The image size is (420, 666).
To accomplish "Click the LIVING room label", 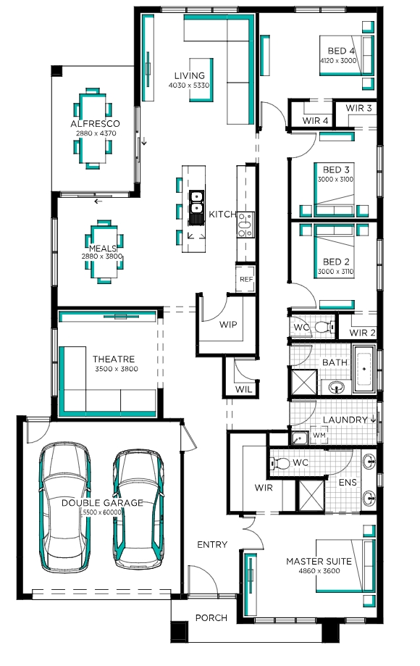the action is (189, 75).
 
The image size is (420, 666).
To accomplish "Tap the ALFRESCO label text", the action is (95, 124).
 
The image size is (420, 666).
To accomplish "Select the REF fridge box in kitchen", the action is (246, 279).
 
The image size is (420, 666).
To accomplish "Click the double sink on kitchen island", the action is (196, 201).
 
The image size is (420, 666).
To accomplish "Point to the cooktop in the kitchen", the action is (245, 225).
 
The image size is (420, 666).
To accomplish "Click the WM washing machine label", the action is (319, 436).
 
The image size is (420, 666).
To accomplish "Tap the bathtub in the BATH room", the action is (364, 369).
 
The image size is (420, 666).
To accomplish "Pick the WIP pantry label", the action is (228, 325).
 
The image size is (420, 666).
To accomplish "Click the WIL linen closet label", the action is (243, 389).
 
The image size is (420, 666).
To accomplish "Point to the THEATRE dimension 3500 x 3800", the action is (117, 369).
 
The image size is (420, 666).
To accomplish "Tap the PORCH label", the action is (211, 618).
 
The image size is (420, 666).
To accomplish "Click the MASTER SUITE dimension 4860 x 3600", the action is (319, 571).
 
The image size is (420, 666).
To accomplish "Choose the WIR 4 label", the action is (315, 120).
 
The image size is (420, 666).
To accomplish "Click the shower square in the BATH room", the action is (303, 383).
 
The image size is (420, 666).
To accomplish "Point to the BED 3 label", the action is (336, 170).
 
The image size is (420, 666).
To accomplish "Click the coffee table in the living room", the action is (201, 80).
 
